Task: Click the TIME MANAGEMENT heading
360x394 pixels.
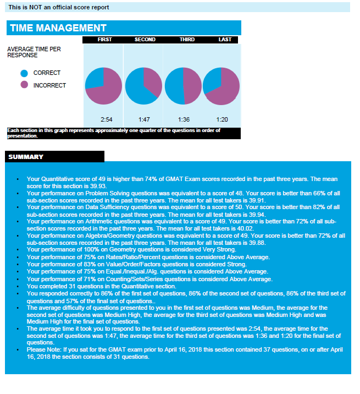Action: pos(58,28)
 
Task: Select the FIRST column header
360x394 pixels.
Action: pos(105,40)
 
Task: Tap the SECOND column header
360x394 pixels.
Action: pos(145,40)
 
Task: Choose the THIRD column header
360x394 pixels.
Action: pos(187,40)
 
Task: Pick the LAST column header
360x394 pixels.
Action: pos(225,40)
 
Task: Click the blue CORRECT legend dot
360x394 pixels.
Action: pos(24,73)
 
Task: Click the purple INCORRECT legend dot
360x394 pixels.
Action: pos(24,85)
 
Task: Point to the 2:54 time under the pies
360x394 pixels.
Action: pos(107,119)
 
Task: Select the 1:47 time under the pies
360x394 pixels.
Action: pos(145,119)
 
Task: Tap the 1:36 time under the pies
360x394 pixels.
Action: pos(184,119)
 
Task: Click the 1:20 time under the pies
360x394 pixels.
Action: pos(222,119)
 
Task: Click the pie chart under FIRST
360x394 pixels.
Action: pos(103,86)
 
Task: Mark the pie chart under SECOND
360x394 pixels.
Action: pos(143,86)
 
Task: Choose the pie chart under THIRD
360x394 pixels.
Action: pos(183,86)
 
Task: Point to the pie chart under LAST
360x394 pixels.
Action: pos(221,86)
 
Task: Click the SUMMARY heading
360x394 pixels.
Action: pos(26,157)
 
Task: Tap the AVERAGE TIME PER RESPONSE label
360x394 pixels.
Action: pos(34,52)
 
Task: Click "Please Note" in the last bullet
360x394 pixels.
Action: pos(43,350)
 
